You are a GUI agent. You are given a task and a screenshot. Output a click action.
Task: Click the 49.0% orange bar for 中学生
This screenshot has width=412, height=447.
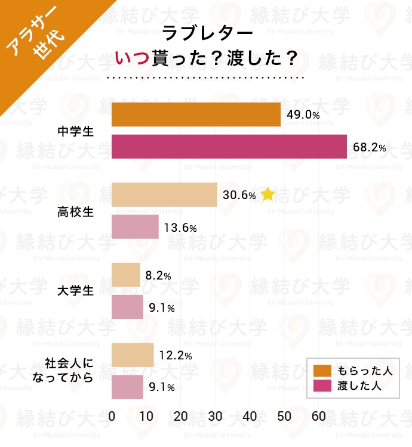196,114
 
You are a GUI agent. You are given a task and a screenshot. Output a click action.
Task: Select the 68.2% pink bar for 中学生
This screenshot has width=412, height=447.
229,147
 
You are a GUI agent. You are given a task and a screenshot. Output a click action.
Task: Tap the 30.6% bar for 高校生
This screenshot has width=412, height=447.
164,195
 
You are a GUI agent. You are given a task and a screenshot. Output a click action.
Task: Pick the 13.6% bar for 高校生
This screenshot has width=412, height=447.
136,227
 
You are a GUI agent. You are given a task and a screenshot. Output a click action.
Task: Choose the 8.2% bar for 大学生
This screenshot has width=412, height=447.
126,275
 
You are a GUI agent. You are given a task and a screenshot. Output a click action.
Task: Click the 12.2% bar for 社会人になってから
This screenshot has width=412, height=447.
133,355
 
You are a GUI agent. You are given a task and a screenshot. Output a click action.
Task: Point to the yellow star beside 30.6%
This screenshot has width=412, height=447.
268,194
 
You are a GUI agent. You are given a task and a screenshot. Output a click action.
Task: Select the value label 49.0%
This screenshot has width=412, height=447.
303,115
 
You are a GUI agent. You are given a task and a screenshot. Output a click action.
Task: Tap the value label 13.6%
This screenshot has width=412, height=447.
181,228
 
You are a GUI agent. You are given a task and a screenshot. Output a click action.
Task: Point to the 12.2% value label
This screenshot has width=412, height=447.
176,356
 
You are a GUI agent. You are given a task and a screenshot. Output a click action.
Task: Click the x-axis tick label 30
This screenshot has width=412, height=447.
216,417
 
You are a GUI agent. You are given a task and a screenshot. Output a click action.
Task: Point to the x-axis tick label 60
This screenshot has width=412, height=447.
319,417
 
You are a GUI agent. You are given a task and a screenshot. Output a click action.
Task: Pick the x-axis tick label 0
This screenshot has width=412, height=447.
112,417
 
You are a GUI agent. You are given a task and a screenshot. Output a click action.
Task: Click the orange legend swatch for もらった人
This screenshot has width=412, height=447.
322,371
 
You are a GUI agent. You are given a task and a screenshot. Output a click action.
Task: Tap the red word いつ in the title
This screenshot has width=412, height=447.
134,59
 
